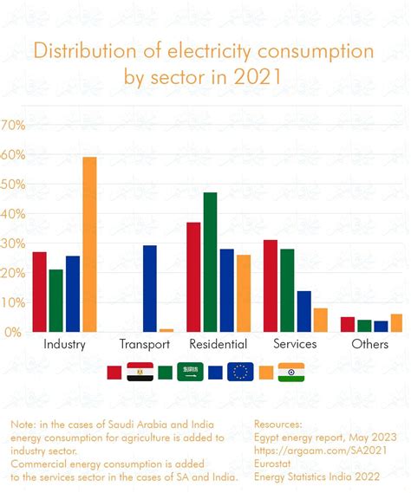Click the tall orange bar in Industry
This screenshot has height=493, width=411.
pos(89,244)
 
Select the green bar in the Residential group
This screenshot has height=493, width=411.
pos(210,262)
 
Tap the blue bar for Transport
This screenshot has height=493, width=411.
pos(150,289)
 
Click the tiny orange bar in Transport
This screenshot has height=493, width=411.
pos(166,330)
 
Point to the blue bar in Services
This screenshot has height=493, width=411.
pos(303,311)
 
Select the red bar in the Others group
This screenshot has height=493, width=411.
pos(347,324)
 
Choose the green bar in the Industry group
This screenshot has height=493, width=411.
pos(55,301)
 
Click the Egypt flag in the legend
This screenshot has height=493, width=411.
pos(140,372)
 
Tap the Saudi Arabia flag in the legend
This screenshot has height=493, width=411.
pos(190,372)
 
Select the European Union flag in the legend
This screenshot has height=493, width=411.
pos(240,372)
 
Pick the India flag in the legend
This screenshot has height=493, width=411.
pos(291,372)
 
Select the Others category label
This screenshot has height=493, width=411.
pos(369,345)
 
